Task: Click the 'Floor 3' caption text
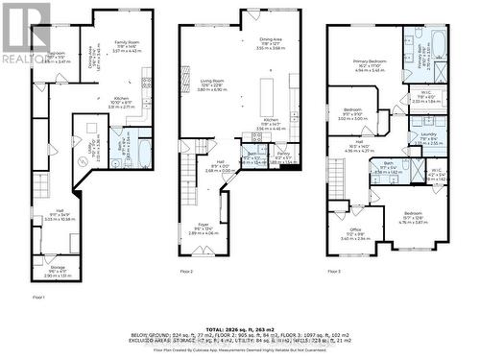(x=334, y=274)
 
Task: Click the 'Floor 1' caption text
(x=39, y=299)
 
